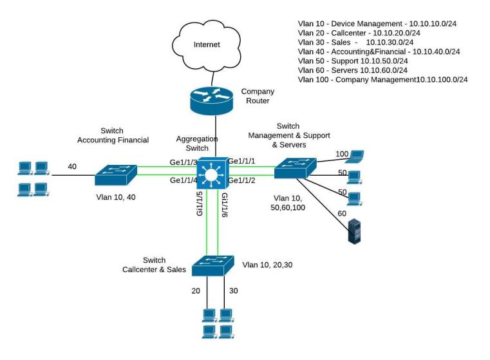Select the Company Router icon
click(x=212, y=100)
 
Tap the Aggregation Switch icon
click(x=212, y=173)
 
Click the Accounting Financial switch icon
click(x=116, y=175)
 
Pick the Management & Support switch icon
click(x=296, y=168)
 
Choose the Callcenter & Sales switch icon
click(x=213, y=265)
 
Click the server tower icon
click(x=354, y=231)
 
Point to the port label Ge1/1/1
click(x=241, y=161)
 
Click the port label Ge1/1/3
click(x=184, y=162)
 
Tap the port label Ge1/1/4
click(x=184, y=180)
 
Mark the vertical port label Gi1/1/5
click(x=200, y=204)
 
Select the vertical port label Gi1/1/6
click(x=225, y=205)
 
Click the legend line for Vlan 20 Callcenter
click(x=359, y=33)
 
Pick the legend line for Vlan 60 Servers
click(x=352, y=70)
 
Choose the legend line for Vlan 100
click(x=383, y=79)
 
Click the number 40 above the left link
click(x=72, y=167)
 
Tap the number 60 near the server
click(x=342, y=213)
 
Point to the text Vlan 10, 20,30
click(x=267, y=265)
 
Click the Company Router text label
click(x=258, y=96)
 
